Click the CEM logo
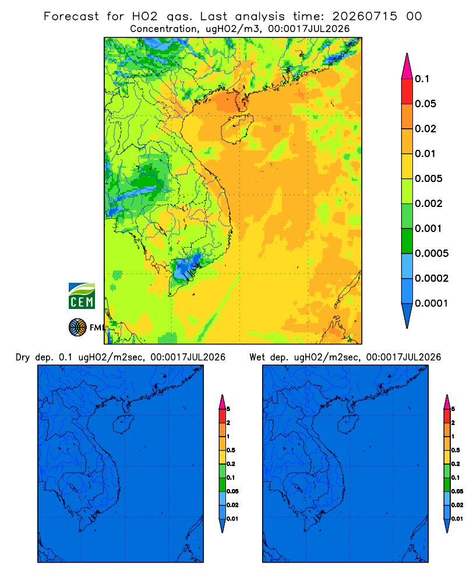tap(82, 296)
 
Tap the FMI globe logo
tap(77, 328)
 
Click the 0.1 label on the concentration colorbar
tap(422, 79)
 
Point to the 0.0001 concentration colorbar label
tap(432, 303)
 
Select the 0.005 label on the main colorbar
tap(429, 178)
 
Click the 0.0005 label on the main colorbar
tap(432, 254)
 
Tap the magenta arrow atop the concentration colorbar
tap(407, 66)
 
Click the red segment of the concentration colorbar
tap(407, 91)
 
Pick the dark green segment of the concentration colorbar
tap(407, 241)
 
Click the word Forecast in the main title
tap(71, 16)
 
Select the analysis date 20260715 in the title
tap(365, 16)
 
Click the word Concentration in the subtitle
tap(164, 29)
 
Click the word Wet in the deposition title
tap(257, 357)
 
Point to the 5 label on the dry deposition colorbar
tap(228, 409)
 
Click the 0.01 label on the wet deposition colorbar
tap(457, 519)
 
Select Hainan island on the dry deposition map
tap(123, 424)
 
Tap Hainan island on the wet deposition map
tap(348, 424)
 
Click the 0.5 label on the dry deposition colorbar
tap(231, 450)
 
